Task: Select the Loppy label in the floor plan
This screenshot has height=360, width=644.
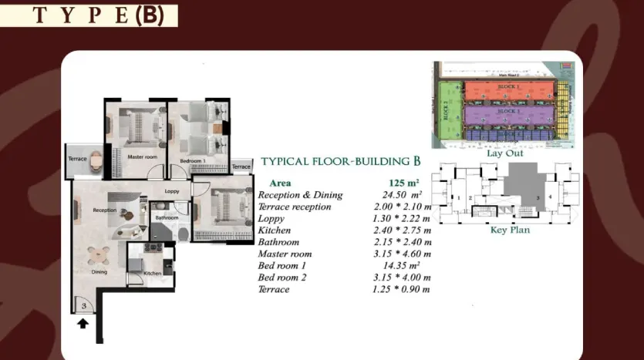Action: coord(171,191)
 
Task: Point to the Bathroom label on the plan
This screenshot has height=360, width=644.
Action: coord(167,218)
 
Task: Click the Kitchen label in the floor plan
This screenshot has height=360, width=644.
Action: coord(152,273)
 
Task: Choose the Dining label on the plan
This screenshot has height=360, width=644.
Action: coord(99,271)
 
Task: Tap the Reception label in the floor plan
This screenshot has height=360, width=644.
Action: coord(104,210)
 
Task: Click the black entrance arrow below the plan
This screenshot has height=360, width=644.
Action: coord(83,324)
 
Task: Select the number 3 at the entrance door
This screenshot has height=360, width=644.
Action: coord(83,306)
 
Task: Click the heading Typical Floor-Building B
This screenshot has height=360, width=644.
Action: coord(340,162)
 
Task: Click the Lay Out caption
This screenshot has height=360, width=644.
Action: coord(505,153)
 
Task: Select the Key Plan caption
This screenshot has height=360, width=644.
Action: coord(509,230)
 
